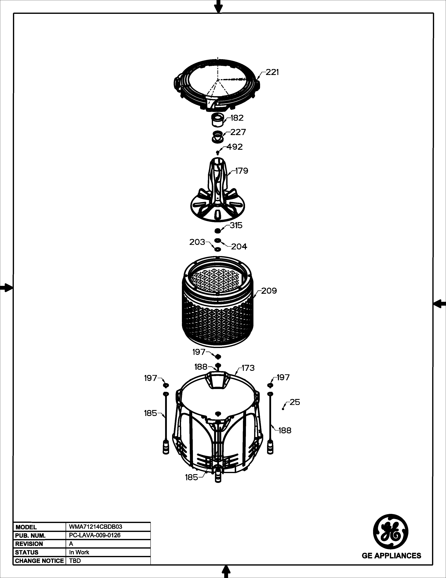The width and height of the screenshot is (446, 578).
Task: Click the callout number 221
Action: pyautogui.click(x=272, y=72)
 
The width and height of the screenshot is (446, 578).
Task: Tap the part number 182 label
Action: pyautogui.click(x=237, y=118)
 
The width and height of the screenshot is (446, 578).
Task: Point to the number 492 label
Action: pyautogui.click(x=234, y=147)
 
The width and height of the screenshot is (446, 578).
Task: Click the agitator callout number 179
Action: pyautogui.click(x=242, y=171)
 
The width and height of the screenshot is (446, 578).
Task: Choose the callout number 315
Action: pyautogui.click(x=236, y=225)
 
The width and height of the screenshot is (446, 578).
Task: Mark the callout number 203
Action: pyautogui.click(x=197, y=242)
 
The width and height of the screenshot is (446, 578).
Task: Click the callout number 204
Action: pyautogui.click(x=239, y=247)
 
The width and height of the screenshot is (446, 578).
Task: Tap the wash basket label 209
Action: pyautogui.click(x=269, y=291)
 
